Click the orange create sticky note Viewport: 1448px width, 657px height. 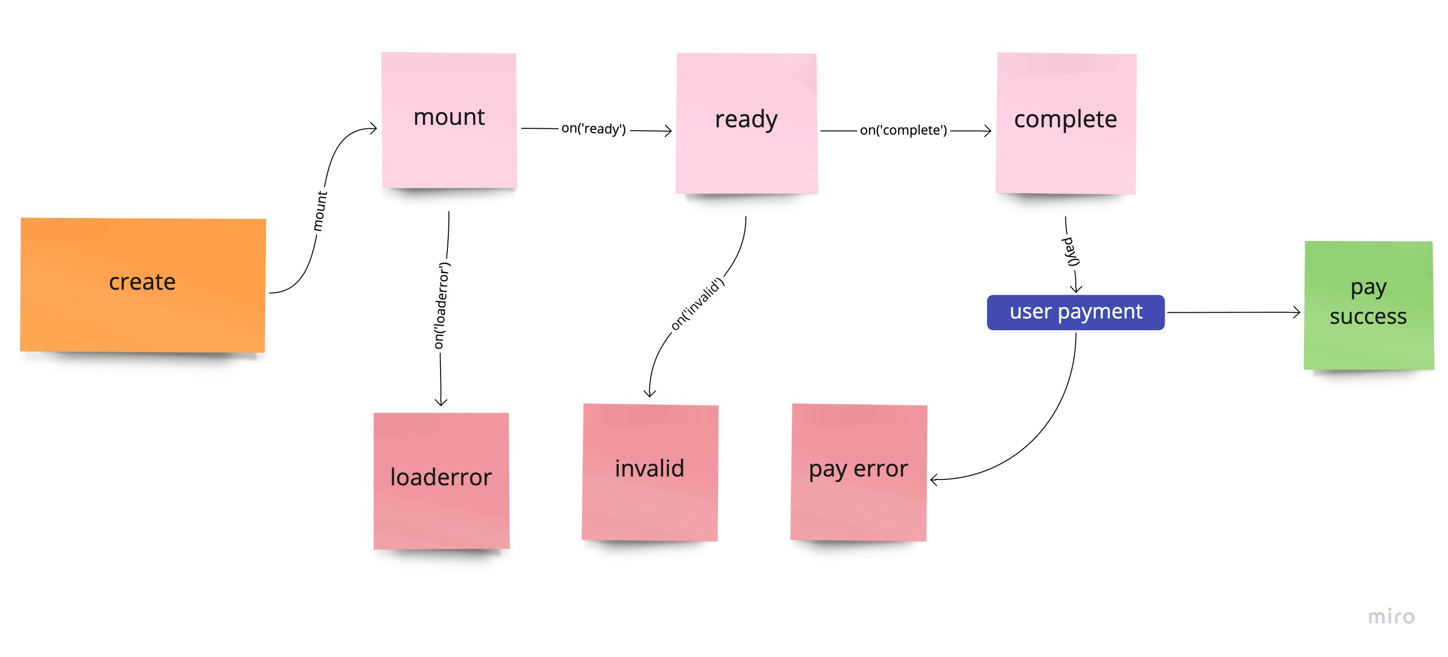tap(142, 285)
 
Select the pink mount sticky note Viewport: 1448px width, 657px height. tap(449, 120)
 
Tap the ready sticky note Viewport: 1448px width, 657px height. tap(746, 123)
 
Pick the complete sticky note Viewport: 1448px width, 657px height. tap(1066, 123)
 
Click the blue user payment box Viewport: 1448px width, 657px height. tap(1075, 312)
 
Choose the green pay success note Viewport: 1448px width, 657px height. tap(1368, 305)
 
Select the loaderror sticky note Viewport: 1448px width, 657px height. tap(441, 480)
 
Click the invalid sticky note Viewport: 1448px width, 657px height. tap(650, 472)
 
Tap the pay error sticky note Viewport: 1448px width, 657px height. tap(858, 472)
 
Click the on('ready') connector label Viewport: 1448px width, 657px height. tap(593, 129)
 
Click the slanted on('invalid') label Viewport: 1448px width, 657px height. tap(697, 303)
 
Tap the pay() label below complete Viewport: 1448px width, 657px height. tap(1071, 251)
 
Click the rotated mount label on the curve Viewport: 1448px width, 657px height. tap(320, 211)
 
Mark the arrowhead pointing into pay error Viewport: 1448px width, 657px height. tap(934, 479)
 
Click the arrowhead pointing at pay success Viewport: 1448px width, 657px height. tap(1296, 312)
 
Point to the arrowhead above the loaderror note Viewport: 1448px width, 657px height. tap(441, 401)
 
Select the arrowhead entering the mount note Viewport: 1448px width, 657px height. tap(373, 129)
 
